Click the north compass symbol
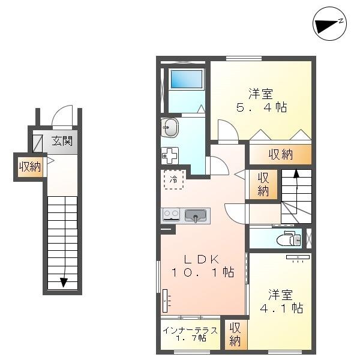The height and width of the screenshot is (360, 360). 329,23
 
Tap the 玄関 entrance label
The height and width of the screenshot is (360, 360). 62,141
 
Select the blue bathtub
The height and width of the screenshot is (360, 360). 187,79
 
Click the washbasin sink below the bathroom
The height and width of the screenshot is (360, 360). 170,128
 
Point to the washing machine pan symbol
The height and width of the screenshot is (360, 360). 170,155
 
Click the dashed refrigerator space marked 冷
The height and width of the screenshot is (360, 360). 174,179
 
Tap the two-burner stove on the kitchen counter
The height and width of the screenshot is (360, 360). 171,215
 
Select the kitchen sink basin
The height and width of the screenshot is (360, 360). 196,215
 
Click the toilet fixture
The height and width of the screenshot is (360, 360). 289,239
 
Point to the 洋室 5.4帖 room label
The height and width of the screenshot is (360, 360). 261,100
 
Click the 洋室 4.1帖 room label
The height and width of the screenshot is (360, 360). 281,301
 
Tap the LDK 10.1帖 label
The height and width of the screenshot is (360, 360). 203,266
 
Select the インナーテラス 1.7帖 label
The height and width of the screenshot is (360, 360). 190,334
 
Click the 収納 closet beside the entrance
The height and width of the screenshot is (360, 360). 30,167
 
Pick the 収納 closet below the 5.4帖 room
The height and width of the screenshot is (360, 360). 280,154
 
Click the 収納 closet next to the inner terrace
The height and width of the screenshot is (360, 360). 236,334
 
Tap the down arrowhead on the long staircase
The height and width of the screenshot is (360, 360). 64,282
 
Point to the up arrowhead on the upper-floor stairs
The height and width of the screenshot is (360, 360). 296,173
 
